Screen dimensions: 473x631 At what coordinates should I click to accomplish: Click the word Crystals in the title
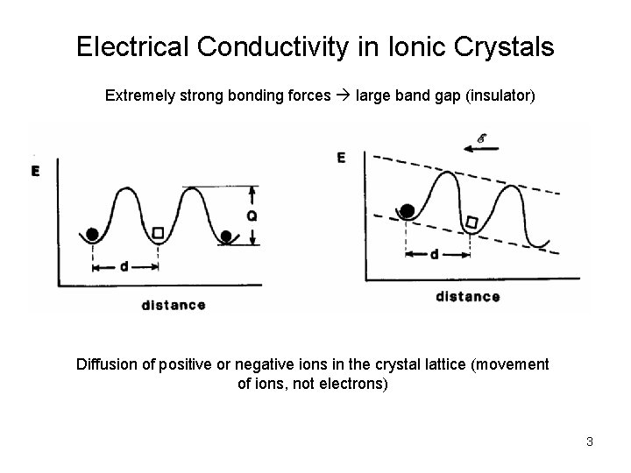point(507,46)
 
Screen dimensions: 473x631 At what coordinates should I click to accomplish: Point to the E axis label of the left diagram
point(37,171)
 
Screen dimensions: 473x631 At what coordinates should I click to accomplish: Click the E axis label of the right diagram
point(341,158)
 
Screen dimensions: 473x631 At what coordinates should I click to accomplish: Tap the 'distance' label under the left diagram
point(173,305)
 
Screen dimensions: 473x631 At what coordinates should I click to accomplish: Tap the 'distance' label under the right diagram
point(467,297)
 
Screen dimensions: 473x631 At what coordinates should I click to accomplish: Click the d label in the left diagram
point(124,266)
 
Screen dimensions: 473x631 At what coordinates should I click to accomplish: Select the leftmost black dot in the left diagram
point(92,234)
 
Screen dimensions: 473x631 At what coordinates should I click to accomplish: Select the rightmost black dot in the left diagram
point(227,235)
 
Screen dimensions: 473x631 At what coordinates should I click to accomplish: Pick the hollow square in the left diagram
point(159,233)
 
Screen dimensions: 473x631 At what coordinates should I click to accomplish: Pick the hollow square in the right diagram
point(471,223)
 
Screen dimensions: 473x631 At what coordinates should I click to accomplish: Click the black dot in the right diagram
point(408,210)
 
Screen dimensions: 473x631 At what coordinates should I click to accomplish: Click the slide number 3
point(590,441)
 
